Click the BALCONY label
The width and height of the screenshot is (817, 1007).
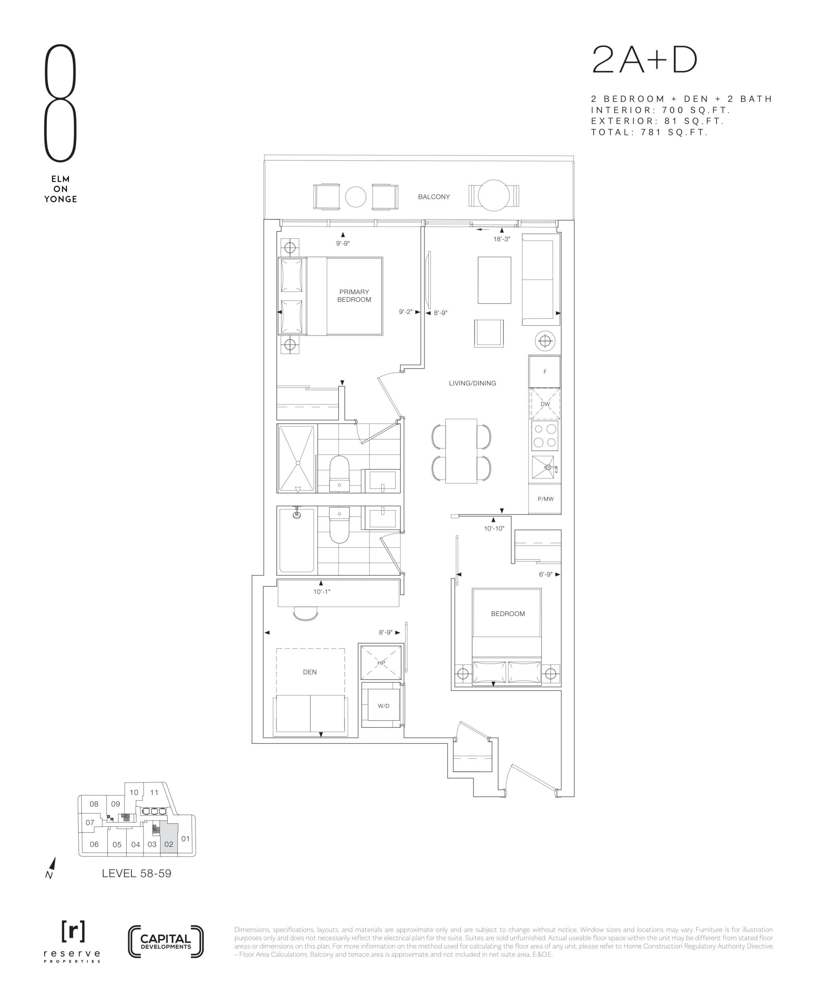click(x=433, y=197)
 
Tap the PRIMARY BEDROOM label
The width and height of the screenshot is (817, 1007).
click(x=354, y=295)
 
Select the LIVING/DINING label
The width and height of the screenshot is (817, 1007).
click(x=472, y=383)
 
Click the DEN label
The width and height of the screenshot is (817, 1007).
click(x=310, y=672)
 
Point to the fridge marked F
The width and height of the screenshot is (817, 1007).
click(x=545, y=372)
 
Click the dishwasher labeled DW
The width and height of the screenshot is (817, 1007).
click(x=545, y=404)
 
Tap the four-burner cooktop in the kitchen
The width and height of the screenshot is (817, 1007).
click(x=545, y=436)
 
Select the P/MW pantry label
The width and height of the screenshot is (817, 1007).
click(x=546, y=499)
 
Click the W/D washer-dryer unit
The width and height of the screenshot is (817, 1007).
click(x=383, y=706)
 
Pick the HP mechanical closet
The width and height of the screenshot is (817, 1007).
click(x=381, y=662)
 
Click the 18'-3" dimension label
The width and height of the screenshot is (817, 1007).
click(x=502, y=239)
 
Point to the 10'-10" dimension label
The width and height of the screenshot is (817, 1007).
click(x=494, y=528)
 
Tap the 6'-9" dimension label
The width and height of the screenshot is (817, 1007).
click(x=546, y=575)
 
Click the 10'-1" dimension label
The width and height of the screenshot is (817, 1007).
click(x=321, y=592)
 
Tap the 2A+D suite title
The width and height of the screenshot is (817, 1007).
click(x=644, y=60)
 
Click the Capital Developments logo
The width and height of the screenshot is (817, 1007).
click(x=166, y=942)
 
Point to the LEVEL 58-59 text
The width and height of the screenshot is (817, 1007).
click(x=136, y=874)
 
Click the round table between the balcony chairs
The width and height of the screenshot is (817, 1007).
click(x=356, y=197)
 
